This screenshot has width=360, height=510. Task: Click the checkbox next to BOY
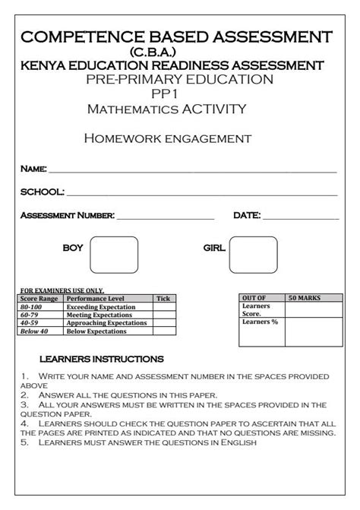click(x=114, y=255)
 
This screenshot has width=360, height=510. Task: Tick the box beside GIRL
click(x=253, y=255)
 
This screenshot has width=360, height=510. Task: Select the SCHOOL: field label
click(x=42, y=192)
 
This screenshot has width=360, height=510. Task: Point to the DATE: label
click(x=247, y=216)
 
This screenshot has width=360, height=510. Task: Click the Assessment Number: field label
click(x=68, y=216)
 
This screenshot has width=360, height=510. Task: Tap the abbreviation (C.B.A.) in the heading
click(x=179, y=52)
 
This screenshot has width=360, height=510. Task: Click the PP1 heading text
click(x=179, y=94)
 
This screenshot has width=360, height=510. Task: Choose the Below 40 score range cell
click(x=34, y=331)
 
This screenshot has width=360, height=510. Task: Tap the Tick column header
click(x=163, y=299)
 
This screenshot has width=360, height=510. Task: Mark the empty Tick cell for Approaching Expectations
click(x=163, y=323)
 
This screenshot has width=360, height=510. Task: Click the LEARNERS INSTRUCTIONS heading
click(x=101, y=358)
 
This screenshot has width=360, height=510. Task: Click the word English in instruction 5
click(x=238, y=442)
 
